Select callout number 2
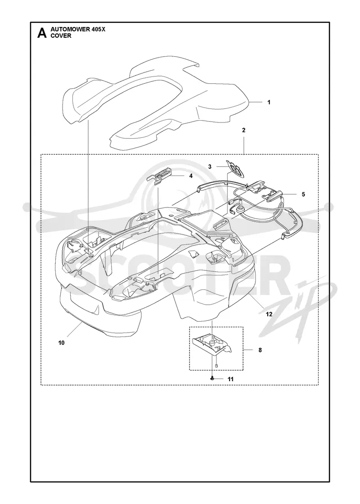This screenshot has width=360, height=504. [243, 130]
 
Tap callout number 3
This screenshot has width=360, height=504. [210, 166]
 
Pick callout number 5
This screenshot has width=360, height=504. [303, 194]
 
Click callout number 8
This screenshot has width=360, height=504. [260, 350]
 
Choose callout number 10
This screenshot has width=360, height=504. [61, 342]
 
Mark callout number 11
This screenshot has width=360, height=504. [230, 379]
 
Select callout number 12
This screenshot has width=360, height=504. [269, 314]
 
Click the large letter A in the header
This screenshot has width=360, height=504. [42, 33]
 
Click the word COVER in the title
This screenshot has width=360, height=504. [61, 36]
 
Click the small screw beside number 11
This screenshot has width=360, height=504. [212, 379]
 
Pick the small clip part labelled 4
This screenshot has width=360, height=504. [160, 176]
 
